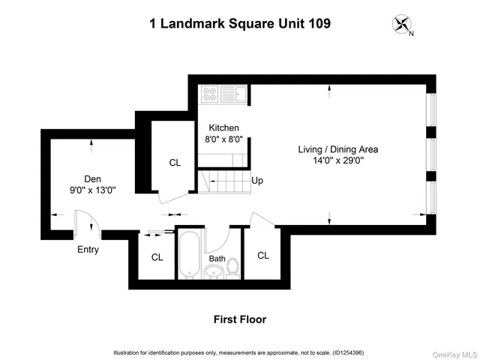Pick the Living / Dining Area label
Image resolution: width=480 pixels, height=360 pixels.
coord(338,149)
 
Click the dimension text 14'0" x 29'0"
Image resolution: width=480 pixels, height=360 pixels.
coord(338,160)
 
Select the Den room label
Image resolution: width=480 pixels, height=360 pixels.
coord(92,178)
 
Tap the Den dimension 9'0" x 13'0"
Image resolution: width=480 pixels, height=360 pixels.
coord(92,190)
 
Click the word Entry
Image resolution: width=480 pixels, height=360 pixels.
coord(88,250)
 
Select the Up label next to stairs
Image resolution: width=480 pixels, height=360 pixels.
coord(257,181)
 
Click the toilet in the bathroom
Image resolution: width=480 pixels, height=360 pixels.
coord(232,267)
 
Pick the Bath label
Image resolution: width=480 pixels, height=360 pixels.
coord(217,259)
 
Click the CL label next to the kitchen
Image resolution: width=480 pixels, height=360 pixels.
coord(175,162)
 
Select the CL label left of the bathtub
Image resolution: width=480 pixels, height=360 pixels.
coord(157,257)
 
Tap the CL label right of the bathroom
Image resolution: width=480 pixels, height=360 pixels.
coord(263,255)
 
